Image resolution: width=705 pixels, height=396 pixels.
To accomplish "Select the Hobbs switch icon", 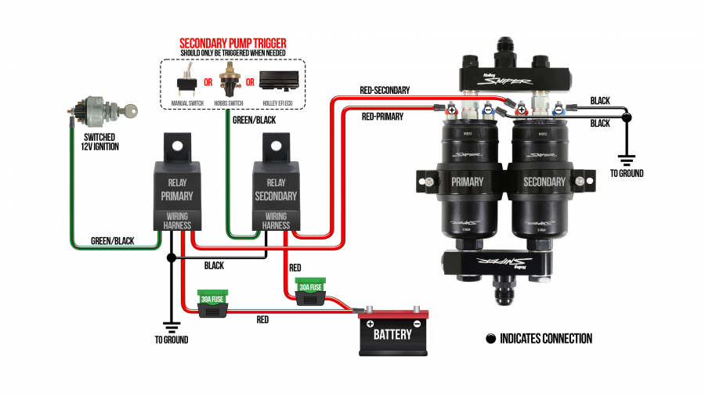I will coord(230,78).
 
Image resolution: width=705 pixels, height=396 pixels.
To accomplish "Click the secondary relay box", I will coord(276,188).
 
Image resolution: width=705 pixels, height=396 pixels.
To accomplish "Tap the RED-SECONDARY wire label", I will coord(384,91).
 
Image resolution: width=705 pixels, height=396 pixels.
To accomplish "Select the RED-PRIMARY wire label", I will coord(383,117).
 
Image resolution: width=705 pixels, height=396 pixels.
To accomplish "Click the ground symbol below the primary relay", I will coord(171,324).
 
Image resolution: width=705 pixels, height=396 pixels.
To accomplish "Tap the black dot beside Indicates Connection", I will coord(491,339).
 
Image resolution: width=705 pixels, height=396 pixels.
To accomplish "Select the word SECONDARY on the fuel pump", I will coord(544,182).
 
